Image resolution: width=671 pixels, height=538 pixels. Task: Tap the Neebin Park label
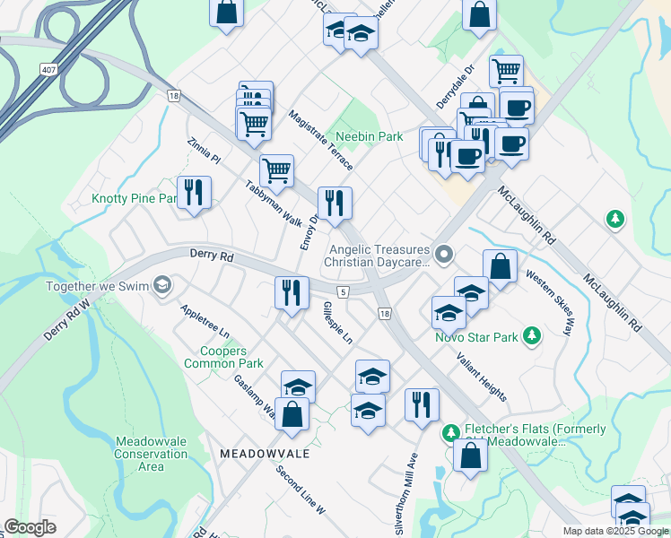pos(369,137)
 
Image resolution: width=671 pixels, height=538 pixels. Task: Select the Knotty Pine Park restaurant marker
pos(194,192)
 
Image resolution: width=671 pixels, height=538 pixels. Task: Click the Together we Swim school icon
pos(161,285)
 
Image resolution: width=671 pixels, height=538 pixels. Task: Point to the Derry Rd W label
pos(68,317)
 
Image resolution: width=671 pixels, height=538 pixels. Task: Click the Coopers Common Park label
pos(223,357)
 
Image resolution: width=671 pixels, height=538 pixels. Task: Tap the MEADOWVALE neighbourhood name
pos(265,454)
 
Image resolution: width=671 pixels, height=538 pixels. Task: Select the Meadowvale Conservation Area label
pos(139,454)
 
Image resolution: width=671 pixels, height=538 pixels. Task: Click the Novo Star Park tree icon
pos(532,336)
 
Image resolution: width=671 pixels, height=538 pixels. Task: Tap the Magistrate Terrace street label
pos(320,141)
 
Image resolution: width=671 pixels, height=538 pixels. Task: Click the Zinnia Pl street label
pos(204,150)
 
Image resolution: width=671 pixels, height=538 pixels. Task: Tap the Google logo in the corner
pos(30,527)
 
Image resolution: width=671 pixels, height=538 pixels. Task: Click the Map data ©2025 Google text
pos(615,531)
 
